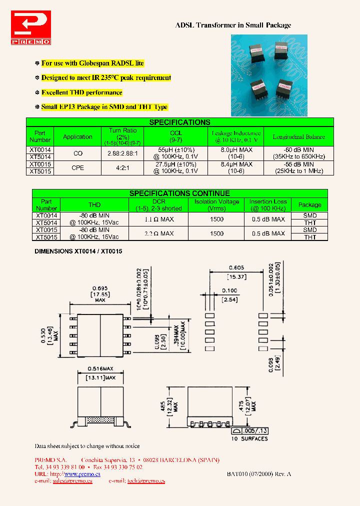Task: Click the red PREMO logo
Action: (x=30, y=28)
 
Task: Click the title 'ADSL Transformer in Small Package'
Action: (x=233, y=25)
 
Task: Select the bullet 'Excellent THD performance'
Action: (x=81, y=92)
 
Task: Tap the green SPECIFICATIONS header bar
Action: (x=179, y=122)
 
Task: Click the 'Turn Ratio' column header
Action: (x=122, y=130)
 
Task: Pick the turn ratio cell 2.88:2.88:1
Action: (x=122, y=153)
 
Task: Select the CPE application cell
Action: (x=77, y=168)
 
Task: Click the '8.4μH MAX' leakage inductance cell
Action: (x=236, y=164)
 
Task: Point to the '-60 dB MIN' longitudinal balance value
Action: (x=299, y=149)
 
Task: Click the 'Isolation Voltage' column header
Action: (x=216, y=201)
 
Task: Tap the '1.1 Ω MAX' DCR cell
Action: (x=159, y=219)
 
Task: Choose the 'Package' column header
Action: (x=310, y=204)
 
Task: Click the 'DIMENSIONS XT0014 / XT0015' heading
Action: (x=78, y=251)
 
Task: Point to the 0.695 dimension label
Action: (x=100, y=288)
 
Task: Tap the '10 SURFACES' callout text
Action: (x=249, y=439)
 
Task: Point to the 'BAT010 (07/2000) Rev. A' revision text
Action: (x=258, y=473)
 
